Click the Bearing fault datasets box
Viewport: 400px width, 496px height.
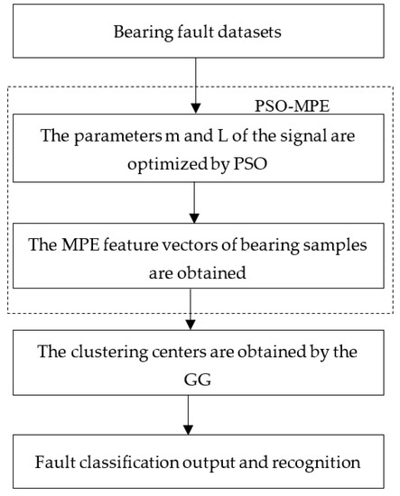coord(196,33)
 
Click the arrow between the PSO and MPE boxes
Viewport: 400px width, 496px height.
coord(196,203)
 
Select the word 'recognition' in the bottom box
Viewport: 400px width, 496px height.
coord(310,463)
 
